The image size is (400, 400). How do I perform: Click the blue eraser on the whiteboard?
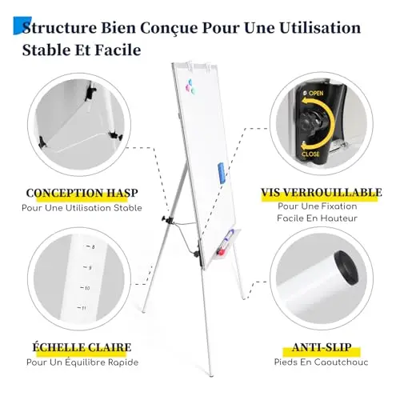click(x=222, y=173)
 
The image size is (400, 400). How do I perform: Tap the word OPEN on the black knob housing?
click(x=316, y=93)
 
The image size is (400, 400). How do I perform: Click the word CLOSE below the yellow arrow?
click(x=310, y=154)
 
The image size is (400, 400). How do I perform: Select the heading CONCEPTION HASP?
click(x=82, y=193)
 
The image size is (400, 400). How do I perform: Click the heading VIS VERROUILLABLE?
click(x=322, y=192)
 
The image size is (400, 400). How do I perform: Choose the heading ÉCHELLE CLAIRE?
click(x=82, y=347)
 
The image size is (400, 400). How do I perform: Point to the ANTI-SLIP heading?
click(x=322, y=347)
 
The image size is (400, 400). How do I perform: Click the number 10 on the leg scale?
click(x=87, y=288)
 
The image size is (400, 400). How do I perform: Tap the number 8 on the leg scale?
click(x=93, y=247)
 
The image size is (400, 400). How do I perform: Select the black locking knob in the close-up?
click(x=311, y=123)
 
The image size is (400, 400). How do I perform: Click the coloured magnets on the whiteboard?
click(x=190, y=86)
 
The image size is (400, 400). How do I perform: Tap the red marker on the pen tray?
click(x=221, y=251)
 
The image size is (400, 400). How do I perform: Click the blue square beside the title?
click(x=22, y=26)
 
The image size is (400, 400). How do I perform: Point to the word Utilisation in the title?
click(x=320, y=28)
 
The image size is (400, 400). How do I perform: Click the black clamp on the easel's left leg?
click(x=167, y=220)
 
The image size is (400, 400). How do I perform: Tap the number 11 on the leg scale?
click(x=84, y=308)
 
